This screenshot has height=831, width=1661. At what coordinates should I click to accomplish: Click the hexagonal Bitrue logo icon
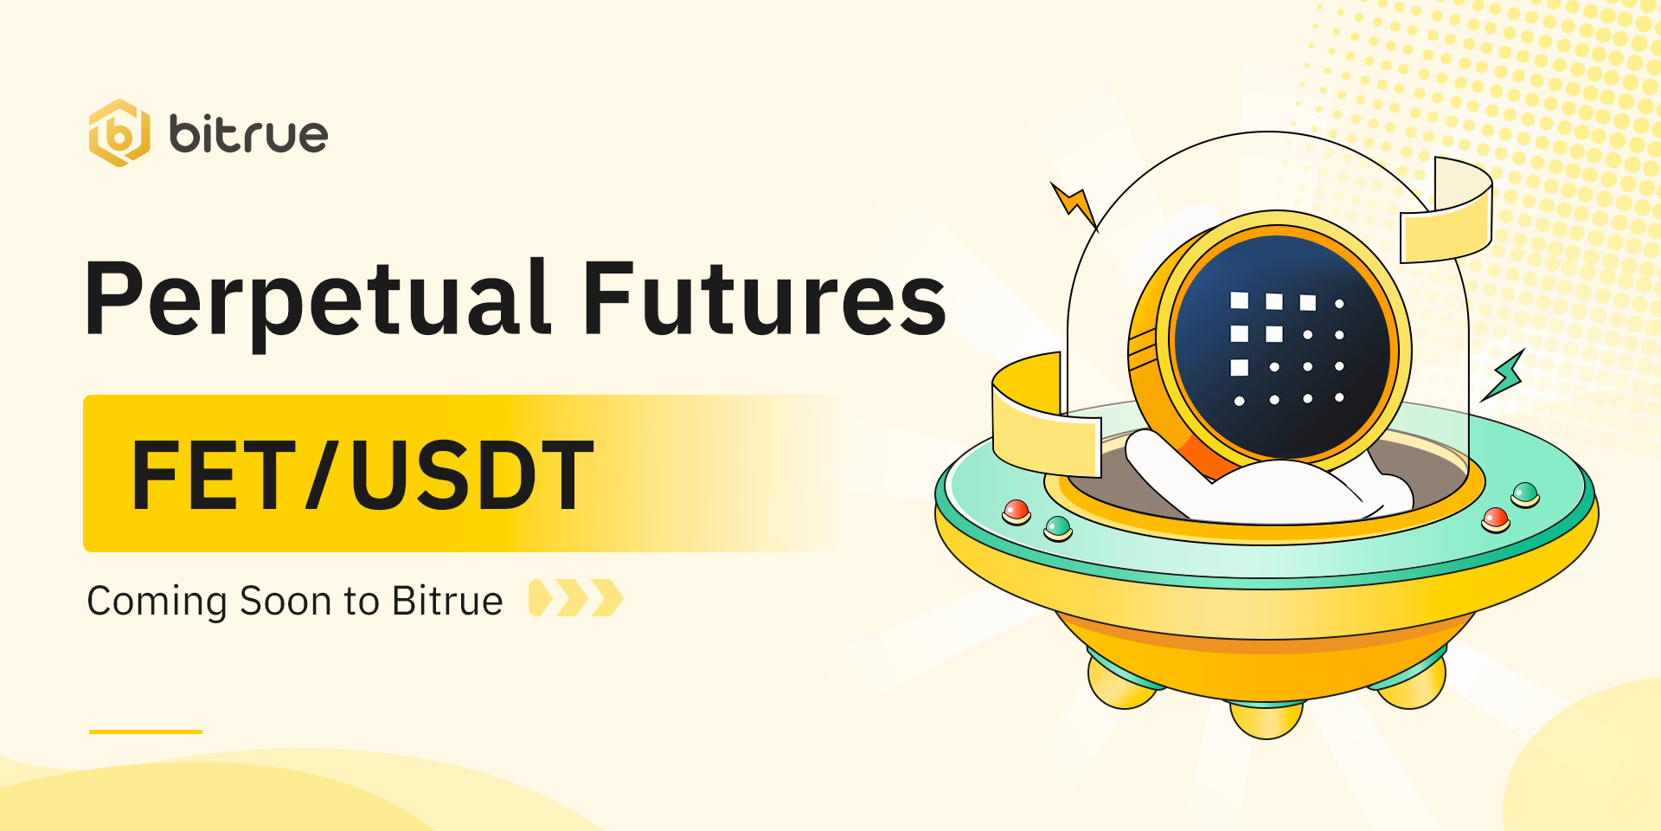(119, 132)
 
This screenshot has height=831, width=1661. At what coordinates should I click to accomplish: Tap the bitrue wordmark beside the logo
(248, 134)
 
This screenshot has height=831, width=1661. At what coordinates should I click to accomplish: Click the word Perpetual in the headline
(317, 300)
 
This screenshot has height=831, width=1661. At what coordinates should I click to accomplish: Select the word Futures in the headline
(765, 298)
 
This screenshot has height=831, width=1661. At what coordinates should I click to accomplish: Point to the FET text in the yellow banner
(214, 474)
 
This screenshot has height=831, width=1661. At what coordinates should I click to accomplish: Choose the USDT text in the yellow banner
(472, 474)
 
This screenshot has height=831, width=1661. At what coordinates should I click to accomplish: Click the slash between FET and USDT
(324, 474)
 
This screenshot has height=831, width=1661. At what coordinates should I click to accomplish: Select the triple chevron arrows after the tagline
(576, 597)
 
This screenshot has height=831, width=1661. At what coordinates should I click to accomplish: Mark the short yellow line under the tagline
(145, 731)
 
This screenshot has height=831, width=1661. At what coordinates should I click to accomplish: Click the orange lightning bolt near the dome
(1074, 205)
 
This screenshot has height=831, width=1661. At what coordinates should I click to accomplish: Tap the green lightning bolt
(1504, 375)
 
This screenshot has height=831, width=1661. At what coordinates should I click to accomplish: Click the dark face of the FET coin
(1282, 347)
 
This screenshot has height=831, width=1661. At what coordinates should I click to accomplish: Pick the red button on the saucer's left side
(1016, 512)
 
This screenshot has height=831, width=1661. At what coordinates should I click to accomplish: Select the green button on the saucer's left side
(1058, 527)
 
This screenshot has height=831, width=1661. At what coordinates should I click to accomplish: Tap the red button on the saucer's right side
(1496, 519)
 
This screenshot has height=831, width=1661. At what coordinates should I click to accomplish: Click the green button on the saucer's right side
(1525, 495)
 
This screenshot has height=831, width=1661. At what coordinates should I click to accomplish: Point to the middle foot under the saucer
(1267, 719)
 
